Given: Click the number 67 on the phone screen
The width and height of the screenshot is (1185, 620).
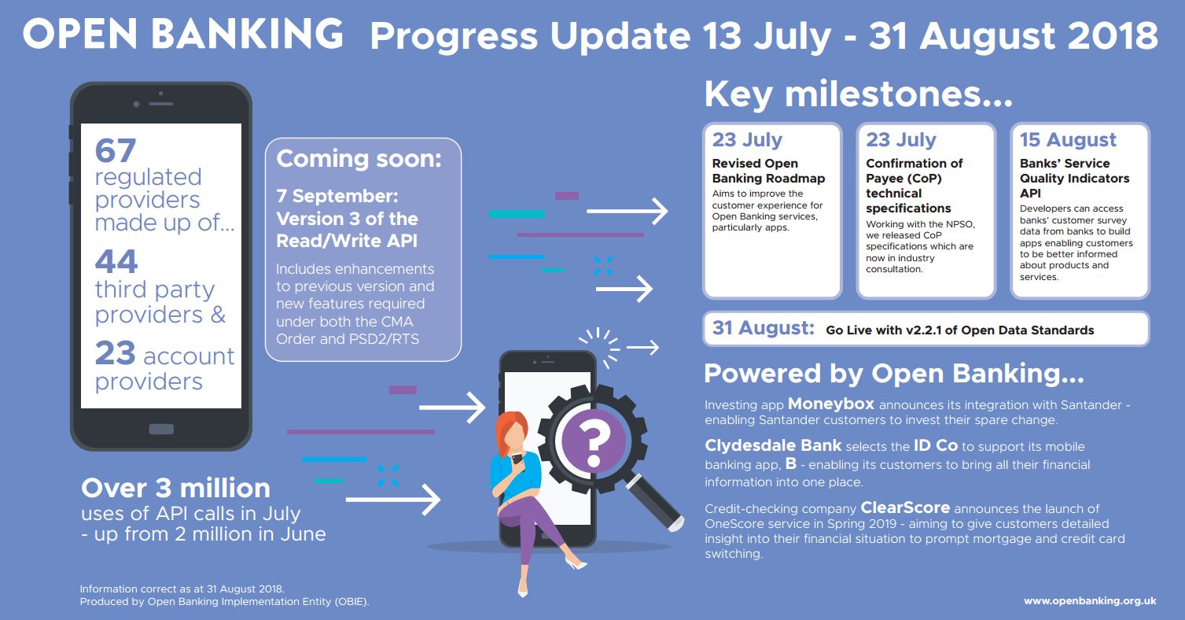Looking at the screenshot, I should pyautogui.click(x=116, y=149).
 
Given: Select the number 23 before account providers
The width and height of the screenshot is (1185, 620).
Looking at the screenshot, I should pyautogui.click(x=116, y=354).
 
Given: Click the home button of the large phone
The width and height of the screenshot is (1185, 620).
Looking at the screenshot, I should pyautogui.click(x=161, y=429).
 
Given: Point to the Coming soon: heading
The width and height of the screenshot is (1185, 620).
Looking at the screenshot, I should pyautogui.click(x=359, y=158).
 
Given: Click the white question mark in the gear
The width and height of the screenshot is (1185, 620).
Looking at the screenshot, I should pyautogui.click(x=593, y=440).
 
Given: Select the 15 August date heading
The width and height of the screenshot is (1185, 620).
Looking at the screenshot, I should pyautogui.click(x=1068, y=140).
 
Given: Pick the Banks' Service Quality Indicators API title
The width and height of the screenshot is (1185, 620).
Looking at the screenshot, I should pyautogui.click(x=1074, y=178).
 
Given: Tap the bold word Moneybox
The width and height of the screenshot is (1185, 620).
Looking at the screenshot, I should pyautogui.click(x=830, y=404).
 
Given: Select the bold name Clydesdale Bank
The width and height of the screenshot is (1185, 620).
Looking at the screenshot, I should pyautogui.click(x=773, y=445).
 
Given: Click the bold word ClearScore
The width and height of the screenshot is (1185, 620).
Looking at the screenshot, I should pyautogui.click(x=905, y=507).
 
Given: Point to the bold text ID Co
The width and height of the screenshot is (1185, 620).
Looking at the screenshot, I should pyautogui.click(x=935, y=445).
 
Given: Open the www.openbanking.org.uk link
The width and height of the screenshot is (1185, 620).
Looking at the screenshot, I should pyautogui.click(x=1089, y=601).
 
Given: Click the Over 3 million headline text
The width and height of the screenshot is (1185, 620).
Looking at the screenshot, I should pyautogui.click(x=175, y=488).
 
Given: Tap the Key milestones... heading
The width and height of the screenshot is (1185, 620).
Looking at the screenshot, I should pyautogui.click(x=858, y=94).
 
